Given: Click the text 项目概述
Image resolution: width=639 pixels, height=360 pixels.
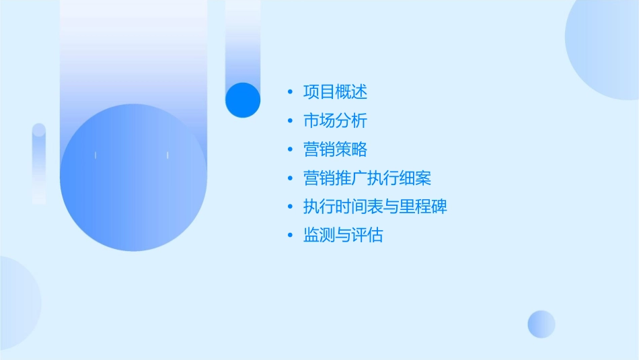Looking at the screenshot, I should coord(335,92).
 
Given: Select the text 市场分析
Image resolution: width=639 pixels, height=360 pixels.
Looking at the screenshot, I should coord(335,121).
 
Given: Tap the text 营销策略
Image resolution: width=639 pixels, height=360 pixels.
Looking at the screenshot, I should coord(335,149).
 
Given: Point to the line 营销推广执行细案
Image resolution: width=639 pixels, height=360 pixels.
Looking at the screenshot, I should coord(367,178).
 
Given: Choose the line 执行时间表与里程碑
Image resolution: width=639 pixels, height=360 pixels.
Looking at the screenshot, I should coord(375,207).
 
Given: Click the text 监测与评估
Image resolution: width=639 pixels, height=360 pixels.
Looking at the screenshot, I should coord(343,236).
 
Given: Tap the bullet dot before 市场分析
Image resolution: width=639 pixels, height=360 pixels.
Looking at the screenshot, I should coord(290,122).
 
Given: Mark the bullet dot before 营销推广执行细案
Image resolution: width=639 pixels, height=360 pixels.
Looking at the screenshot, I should coord(290,179).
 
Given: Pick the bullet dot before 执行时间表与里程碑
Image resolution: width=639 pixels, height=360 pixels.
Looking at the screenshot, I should coord(290,207).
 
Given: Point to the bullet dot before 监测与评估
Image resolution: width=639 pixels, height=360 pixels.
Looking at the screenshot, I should coord(290,236).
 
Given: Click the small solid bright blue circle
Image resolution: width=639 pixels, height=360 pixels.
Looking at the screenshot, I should coord(243,100).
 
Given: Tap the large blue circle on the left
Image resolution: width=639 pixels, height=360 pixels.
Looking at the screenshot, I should coord(133,178).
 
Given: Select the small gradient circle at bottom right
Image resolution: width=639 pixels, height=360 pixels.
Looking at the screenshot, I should coord(541,324).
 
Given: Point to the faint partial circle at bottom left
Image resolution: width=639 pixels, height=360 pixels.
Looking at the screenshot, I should coord(17,303).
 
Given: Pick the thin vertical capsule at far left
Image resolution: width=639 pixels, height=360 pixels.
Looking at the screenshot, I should coord(39,164).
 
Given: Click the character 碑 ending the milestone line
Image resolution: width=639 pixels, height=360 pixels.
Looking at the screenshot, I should coord(439,207).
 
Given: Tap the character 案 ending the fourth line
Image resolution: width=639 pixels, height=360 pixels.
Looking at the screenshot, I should coord(423,178).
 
